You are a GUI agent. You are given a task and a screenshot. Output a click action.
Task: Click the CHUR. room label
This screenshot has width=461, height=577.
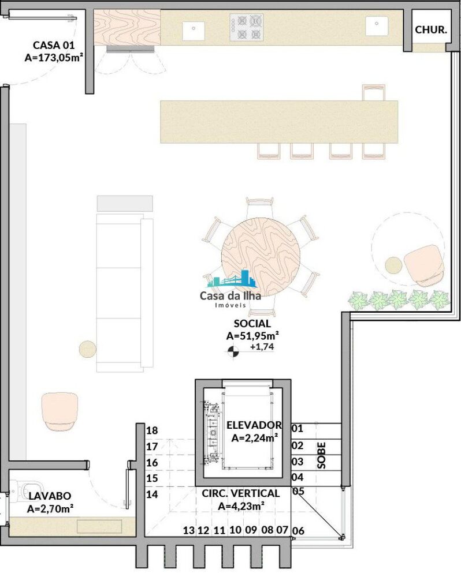point(431,30)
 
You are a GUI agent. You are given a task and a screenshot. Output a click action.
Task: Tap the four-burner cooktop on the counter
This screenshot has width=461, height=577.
point(247,28)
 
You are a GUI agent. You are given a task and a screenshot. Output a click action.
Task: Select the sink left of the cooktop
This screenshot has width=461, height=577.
point(194,31)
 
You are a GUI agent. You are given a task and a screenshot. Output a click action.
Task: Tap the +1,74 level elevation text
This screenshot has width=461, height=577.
point(262,347)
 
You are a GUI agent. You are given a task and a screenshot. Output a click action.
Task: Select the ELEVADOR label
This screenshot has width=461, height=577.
point(254,425)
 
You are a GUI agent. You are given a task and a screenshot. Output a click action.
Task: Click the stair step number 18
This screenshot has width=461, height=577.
point(152,430)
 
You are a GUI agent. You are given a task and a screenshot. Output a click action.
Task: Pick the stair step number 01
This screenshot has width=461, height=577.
point(298,429)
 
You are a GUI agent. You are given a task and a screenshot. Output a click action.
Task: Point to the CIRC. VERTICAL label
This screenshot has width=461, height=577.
point(240,494)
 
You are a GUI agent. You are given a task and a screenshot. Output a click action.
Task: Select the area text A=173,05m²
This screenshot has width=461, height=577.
point(54,57)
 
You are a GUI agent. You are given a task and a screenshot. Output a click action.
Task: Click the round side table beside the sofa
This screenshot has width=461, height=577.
point(87,349)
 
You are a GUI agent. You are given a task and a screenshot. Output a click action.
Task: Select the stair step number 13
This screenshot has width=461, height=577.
point(188,530)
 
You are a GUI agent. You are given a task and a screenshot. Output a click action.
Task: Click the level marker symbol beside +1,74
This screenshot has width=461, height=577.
point(235,350)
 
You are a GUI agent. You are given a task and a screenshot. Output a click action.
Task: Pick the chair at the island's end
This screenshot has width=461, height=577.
point(373,92)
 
